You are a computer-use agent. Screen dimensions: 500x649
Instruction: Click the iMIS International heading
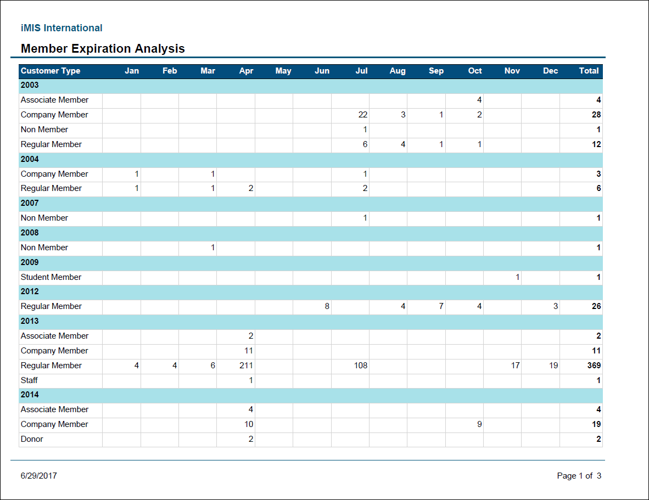click(61, 28)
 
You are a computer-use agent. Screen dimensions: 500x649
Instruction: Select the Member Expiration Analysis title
click(103, 49)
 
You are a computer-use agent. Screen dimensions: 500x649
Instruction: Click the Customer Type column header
click(51, 71)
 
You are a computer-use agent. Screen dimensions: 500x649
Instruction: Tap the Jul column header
click(361, 71)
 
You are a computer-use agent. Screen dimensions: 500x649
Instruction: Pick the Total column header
click(589, 71)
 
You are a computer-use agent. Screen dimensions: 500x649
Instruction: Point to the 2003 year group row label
click(30, 85)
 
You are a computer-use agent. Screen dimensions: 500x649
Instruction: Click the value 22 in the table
click(362, 115)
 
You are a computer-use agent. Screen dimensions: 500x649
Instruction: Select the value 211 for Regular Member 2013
click(246, 366)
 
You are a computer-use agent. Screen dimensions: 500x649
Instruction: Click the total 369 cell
click(593, 366)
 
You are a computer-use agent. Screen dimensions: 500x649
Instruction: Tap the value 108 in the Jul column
click(360, 366)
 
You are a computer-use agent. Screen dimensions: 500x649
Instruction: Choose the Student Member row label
click(51, 277)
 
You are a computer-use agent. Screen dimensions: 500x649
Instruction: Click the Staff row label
click(29, 380)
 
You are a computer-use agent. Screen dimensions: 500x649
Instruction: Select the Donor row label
click(32, 439)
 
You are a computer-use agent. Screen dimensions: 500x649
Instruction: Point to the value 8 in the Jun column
click(327, 306)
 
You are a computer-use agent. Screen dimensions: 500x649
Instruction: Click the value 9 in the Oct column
click(479, 424)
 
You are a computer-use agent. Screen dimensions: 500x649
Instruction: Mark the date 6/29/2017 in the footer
click(38, 476)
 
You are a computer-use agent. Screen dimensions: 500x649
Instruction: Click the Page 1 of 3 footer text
click(579, 476)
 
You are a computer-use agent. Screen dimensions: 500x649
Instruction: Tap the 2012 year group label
click(30, 291)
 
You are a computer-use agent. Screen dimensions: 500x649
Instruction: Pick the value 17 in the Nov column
click(515, 366)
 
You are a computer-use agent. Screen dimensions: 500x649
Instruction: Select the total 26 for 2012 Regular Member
click(596, 306)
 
